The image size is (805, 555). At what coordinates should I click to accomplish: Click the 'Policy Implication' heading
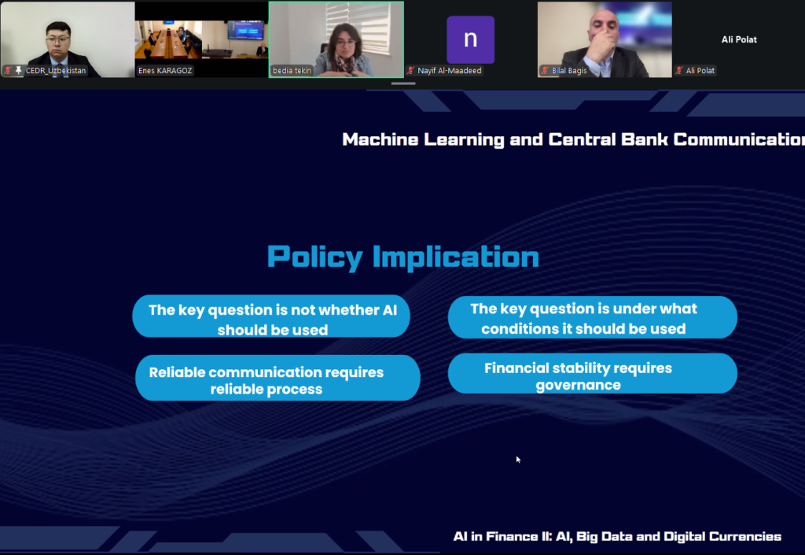[x=403, y=257]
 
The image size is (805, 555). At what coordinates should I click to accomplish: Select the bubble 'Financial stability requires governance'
[x=593, y=374]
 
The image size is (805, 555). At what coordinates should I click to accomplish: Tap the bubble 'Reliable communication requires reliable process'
[x=278, y=378]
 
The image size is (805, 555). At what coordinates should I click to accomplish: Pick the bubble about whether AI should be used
[x=271, y=316]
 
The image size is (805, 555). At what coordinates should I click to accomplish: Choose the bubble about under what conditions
[x=593, y=317]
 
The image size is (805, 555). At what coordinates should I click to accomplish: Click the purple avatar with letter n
[x=470, y=39]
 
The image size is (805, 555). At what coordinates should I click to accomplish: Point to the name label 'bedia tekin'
[x=292, y=70]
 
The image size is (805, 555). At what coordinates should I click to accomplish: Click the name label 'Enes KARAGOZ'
[x=165, y=70]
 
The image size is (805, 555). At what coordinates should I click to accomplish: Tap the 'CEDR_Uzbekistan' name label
[x=56, y=70]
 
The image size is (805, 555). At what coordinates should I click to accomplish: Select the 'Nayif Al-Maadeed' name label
[x=449, y=70]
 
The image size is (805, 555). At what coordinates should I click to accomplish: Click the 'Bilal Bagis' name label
[x=569, y=70]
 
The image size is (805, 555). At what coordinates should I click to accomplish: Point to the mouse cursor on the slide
[x=518, y=460]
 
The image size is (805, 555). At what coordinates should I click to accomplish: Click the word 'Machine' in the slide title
[x=380, y=139]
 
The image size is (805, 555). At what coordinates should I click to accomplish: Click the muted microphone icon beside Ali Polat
[x=679, y=70]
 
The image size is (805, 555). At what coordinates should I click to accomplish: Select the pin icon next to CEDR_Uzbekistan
[x=19, y=70]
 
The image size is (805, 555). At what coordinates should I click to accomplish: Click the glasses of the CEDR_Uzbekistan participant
[x=58, y=39]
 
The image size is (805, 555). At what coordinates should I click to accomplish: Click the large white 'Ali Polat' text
[x=739, y=39]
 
